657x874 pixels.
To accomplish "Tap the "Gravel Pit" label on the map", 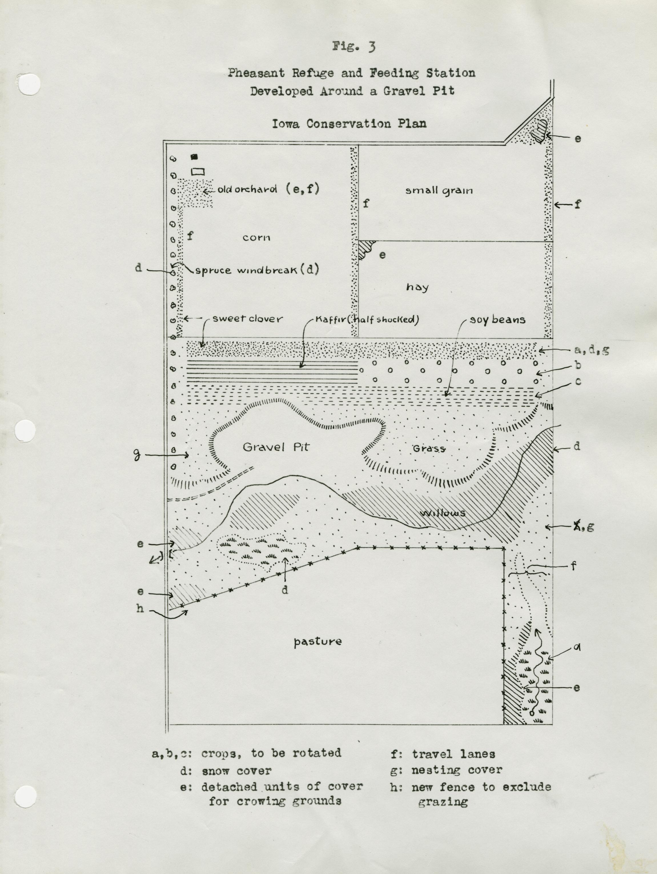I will [x=276, y=447].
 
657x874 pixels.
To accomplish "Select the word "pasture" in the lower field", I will [x=318, y=641].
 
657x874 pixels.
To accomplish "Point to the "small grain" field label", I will [x=439, y=191].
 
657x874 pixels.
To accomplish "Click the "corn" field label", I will [x=256, y=237].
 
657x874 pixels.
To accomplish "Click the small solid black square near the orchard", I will [x=194, y=157].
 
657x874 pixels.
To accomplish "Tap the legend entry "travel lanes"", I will [x=453, y=754].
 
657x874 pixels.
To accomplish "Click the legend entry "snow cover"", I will [x=236, y=770].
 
